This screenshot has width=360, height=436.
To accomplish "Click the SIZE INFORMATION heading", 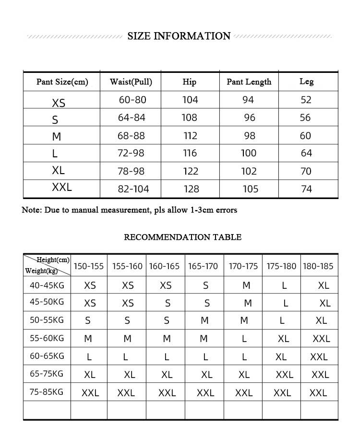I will click(179, 36).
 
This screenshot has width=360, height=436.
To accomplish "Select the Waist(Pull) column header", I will click(131, 82).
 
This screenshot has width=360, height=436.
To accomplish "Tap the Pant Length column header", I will click(249, 82).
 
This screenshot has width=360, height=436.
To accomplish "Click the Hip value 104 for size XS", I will click(190, 100).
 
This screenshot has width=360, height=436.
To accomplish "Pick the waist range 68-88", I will click(131, 136).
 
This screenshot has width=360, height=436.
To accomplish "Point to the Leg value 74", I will click(306, 189).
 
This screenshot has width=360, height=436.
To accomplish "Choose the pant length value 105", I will click(250, 189).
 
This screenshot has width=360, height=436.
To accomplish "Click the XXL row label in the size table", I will click(61, 188).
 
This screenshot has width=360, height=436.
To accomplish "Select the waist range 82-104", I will click(133, 189).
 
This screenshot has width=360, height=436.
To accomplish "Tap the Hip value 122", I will click(191, 171).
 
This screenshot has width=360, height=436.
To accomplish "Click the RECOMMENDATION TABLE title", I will click(182, 237).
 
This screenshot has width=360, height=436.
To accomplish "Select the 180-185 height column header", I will click(318, 266).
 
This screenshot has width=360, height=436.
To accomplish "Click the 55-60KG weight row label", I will click(47, 338).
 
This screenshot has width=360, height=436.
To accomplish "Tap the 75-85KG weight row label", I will click(46, 392).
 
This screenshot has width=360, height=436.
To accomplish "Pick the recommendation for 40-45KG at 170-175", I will click(246, 285).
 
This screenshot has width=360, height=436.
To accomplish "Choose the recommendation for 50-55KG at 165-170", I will click(204, 320).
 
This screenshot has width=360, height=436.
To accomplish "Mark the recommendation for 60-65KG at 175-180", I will click(281, 357).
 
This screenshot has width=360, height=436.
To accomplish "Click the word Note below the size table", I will click(31, 210).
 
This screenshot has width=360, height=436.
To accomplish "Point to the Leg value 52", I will click(306, 100).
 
